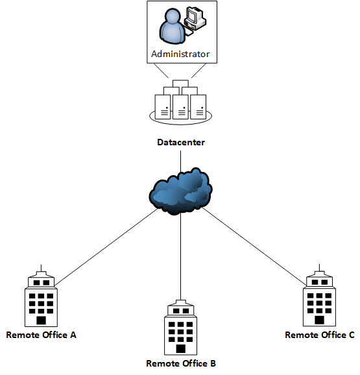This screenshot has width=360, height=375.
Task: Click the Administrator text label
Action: tap(180, 54)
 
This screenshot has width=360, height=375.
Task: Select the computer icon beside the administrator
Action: tap(194, 19)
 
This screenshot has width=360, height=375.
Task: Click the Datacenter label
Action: tap(181, 142)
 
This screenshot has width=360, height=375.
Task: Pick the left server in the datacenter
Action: tap(162, 106)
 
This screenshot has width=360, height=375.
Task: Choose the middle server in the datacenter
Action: tap(180, 106)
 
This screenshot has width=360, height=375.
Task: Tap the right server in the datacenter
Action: tap(198, 106)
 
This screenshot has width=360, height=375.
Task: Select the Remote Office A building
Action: tap(41, 300)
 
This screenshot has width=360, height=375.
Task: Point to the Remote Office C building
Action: tap(319, 300)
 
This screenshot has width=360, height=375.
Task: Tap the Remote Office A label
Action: tap(41, 335)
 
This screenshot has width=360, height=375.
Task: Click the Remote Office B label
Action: tap(181, 363)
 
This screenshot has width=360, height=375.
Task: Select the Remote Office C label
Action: tap(320, 335)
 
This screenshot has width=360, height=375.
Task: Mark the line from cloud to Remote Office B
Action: tap(181, 260)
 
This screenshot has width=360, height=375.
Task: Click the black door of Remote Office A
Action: tap(41, 320)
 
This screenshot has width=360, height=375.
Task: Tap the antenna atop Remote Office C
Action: tap(319, 267)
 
